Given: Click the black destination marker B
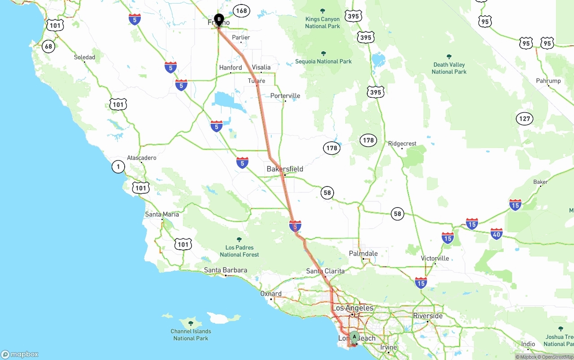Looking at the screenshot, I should (x=219, y=19).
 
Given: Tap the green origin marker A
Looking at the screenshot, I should (x=354, y=336).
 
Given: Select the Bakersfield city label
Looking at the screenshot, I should (x=285, y=169).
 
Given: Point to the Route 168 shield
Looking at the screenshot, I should (x=241, y=11).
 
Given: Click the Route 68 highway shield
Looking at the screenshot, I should (x=48, y=46).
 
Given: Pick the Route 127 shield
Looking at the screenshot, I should (x=524, y=119).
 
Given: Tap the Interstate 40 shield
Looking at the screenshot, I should (x=496, y=233).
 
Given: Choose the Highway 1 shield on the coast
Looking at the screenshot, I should (x=118, y=167).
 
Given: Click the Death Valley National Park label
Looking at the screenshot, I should (x=449, y=68).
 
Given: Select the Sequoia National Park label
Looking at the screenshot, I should (x=323, y=61).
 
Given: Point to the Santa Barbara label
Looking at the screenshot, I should (x=226, y=270).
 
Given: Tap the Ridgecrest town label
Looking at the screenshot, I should (x=402, y=144).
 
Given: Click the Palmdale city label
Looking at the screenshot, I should (x=363, y=254).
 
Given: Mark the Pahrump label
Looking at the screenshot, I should (x=548, y=81).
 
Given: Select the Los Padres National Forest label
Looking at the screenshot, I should (x=239, y=251).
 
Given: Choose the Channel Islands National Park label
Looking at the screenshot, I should (x=191, y=334).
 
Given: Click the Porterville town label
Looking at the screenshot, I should (x=285, y=96).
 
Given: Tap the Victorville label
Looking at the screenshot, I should (x=435, y=259).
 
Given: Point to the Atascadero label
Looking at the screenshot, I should (x=142, y=158).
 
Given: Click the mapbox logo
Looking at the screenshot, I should (x=20, y=355).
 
